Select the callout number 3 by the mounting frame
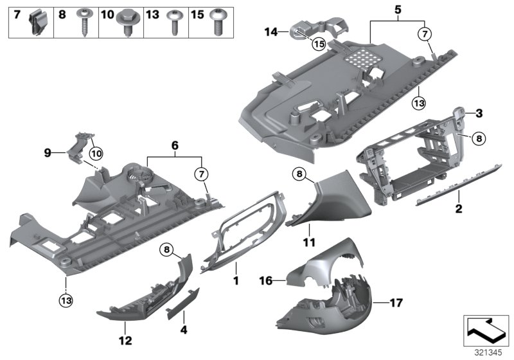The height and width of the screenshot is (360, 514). pos(478,114)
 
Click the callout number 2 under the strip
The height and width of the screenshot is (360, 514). pos(459,209)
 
